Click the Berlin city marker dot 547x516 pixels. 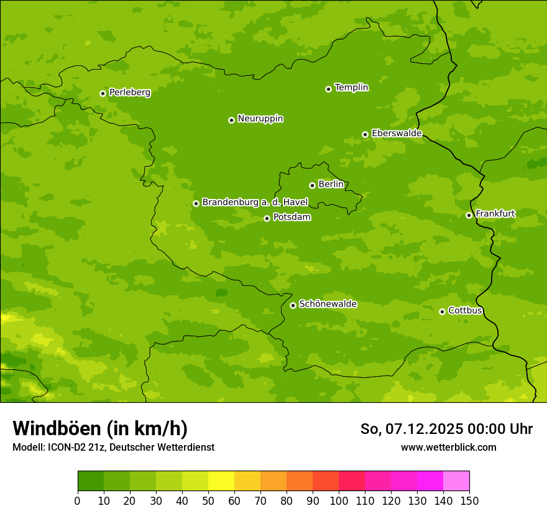pos(312,185)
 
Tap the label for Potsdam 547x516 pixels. pos(292,218)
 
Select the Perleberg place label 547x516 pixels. pos(129,93)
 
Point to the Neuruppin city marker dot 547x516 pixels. pos(231,120)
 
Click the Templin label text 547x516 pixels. pos(351,88)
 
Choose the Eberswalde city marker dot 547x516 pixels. pos(365,134)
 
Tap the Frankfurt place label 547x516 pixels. pos(495,214)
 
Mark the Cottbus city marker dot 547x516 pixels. pos(442,311)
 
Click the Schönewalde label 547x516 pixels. pos(328,304)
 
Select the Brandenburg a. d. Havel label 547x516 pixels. pos(255,203)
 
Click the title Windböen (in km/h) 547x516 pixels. pos(99,428)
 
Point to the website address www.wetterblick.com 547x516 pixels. pos(448,447)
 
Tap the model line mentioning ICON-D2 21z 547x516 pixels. pos(113,447)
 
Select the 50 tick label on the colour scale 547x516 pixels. pos(208,501)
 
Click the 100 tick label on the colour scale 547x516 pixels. pos(339,501)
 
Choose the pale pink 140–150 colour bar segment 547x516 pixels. pos(456,481)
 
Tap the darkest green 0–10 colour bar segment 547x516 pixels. pos(91,481)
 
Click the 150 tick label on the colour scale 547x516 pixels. pos(469,501)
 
